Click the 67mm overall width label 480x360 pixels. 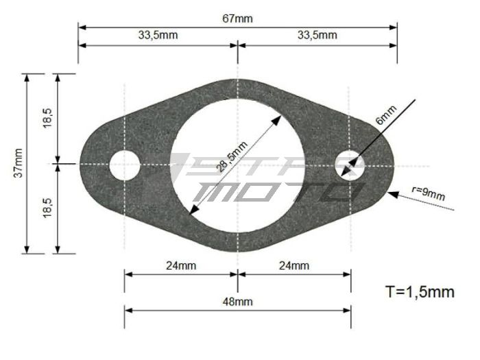(x=237, y=19)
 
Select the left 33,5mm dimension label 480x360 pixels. (x=158, y=35)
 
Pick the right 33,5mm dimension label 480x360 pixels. (x=317, y=35)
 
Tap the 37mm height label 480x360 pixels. (x=19, y=163)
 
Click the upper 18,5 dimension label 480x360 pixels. (x=48, y=118)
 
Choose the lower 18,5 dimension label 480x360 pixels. (x=48, y=208)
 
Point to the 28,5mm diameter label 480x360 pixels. (x=232, y=156)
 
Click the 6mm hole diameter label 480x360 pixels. (x=386, y=115)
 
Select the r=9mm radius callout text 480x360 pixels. (x=429, y=193)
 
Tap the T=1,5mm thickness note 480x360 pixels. (x=420, y=291)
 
